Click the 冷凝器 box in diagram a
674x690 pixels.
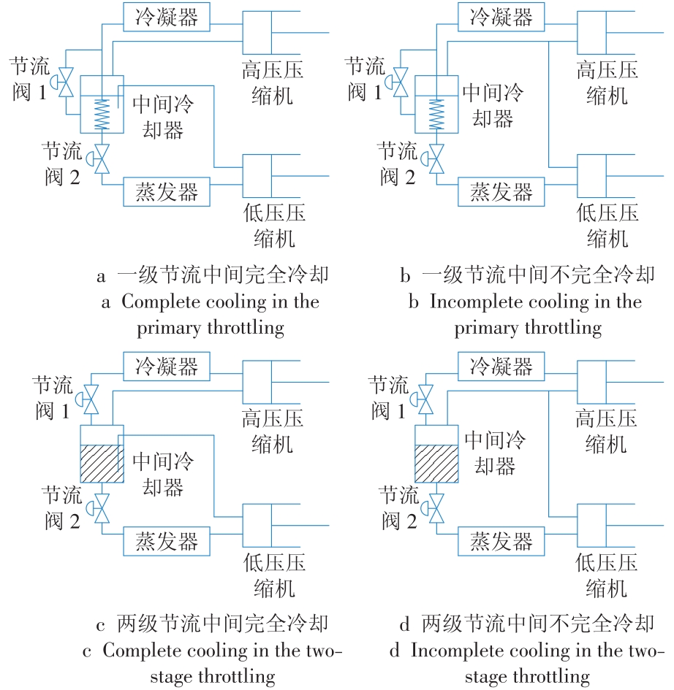click(167, 18)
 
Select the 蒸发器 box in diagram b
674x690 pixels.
click(501, 192)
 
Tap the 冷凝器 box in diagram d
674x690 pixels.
click(501, 366)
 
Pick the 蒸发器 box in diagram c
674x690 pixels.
click(167, 541)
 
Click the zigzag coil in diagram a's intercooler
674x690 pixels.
click(102, 114)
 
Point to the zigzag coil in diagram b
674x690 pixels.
click(436, 114)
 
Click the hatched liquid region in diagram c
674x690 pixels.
click(102, 464)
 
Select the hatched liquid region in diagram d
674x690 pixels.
click(436, 464)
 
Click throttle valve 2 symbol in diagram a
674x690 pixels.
click(99, 159)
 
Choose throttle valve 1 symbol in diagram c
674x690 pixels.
click(88, 399)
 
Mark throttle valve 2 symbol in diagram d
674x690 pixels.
click(433, 508)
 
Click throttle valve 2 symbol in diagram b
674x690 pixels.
click(433, 159)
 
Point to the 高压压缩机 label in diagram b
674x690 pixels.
click(607, 83)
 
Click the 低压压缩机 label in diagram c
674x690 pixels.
click(274, 575)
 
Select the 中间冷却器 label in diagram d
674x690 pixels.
click(495, 453)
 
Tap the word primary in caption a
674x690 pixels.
click(169, 329)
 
